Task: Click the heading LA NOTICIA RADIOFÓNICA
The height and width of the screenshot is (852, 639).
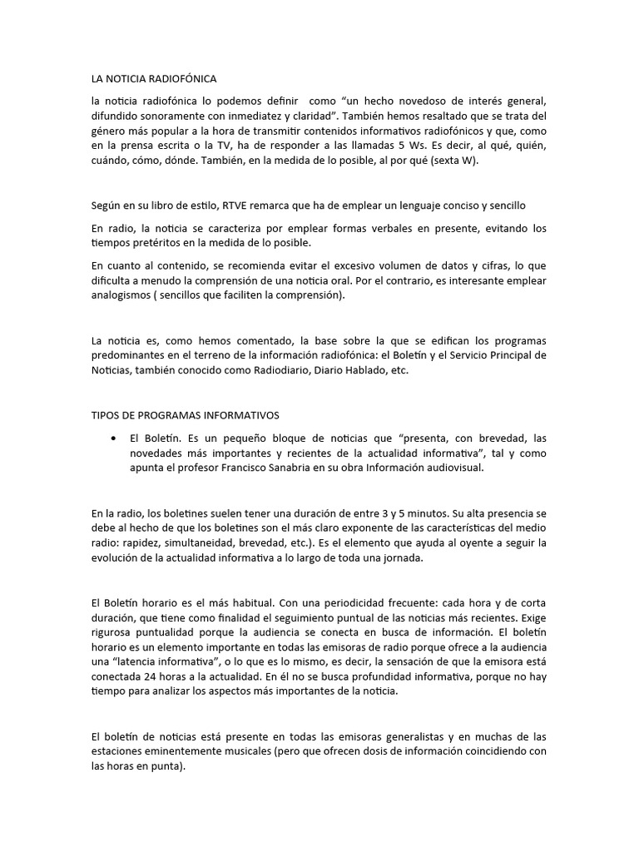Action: pyautogui.click(x=153, y=79)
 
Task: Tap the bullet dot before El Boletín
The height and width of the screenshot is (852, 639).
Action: pyautogui.click(x=112, y=438)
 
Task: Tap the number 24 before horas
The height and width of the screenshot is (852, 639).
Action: pyautogui.click(x=152, y=677)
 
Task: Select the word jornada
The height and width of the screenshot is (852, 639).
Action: pyautogui.click(x=403, y=558)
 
